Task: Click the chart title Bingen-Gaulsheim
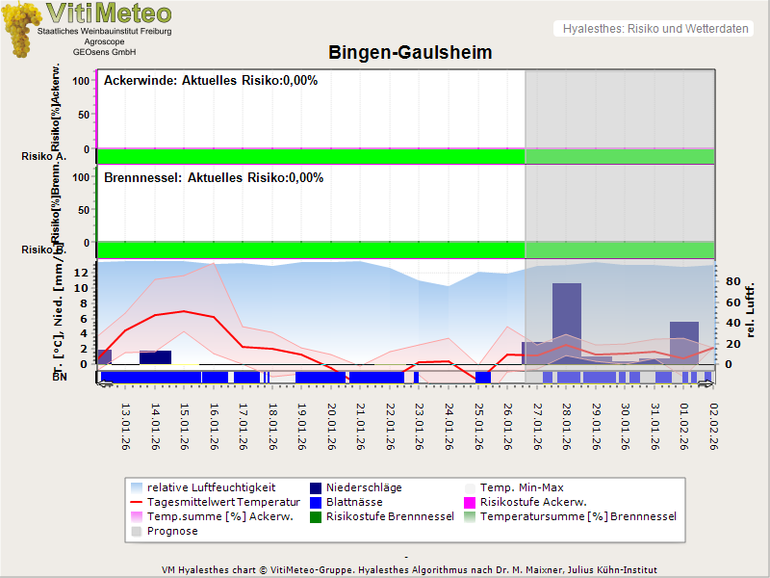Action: click(410, 53)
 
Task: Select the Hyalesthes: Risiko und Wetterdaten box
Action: click(654, 29)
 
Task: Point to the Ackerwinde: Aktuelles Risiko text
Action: click(211, 81)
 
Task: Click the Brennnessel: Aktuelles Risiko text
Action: click(213, 178)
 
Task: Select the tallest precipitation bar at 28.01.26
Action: click(567, 323)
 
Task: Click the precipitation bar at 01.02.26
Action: click(684, 342)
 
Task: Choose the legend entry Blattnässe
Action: click(354, 502)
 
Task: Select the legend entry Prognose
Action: click(173, 531)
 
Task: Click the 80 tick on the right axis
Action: click(731, 282)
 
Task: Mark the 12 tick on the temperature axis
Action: click(81, 273)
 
